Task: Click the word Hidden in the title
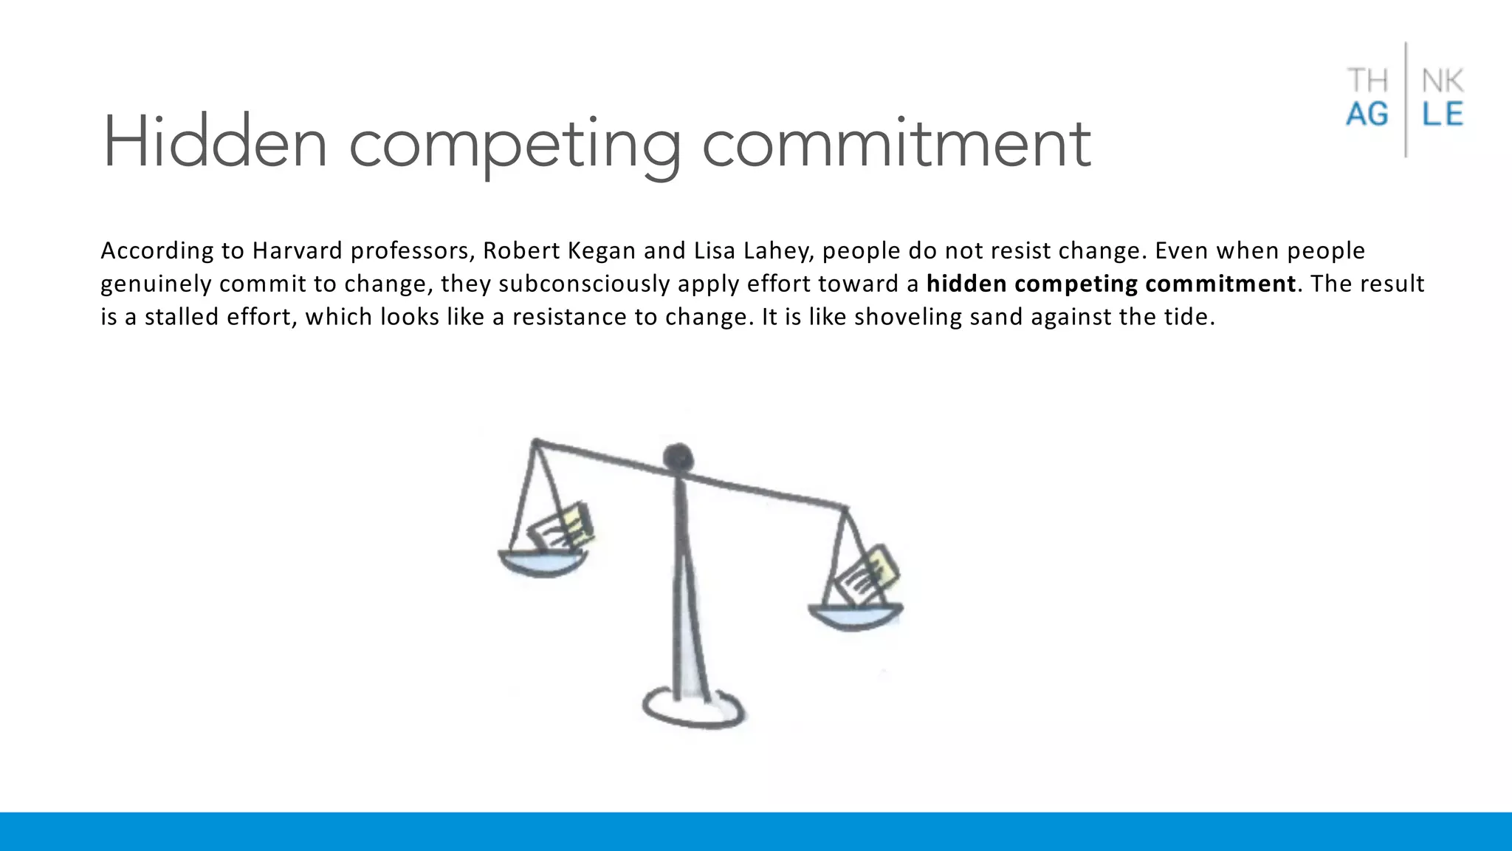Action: (x=214, y=143)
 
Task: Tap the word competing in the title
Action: (x=515, y=145)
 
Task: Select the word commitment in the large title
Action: (x=896, y=143)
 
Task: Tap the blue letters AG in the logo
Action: (x=1367, y=115)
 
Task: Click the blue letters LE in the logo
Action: (x=1443, y=115)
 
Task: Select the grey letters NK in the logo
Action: (x=1443, y=81)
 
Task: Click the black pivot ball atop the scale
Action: (x=678, y=457)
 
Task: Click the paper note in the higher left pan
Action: (x=563, y=527)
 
